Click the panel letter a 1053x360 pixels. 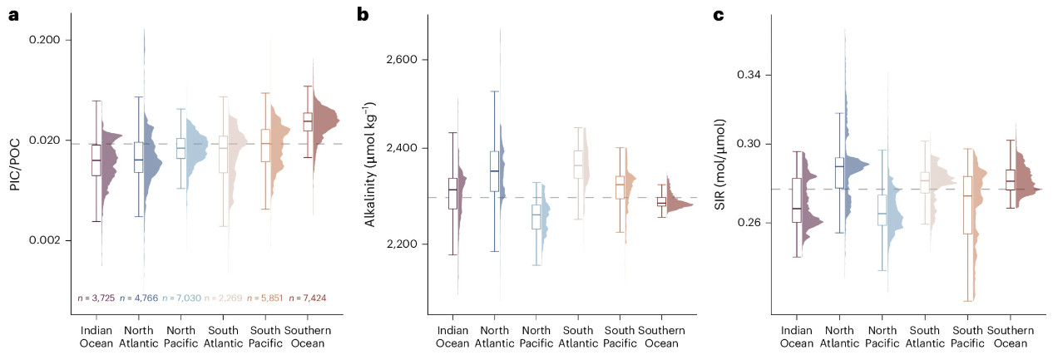[x=14, y=13]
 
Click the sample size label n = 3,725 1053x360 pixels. [x=96, y=298]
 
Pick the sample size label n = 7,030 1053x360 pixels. [x=182, y=298]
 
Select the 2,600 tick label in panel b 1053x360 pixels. [x=403, y=60]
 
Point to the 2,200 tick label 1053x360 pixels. [x=403, y=244]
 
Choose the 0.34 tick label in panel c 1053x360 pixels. [x=751, y=76]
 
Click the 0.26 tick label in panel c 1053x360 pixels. [x=751, y=223]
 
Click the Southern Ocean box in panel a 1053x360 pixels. [x=308, y=121]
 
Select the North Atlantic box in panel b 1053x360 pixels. [x=495, y=171]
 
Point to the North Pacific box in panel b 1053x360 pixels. [x=536, y=216]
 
